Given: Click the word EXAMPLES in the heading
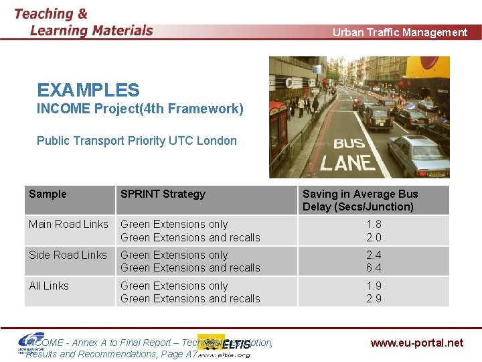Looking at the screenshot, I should (88, 90).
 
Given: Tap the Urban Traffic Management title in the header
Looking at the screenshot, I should (400, 32).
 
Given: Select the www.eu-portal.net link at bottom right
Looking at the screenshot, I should (416, 343).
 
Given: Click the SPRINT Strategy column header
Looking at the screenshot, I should (163, 194).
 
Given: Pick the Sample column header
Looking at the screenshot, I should (48, 194).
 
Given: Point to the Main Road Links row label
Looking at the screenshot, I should (68, 224).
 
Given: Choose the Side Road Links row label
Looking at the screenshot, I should (68, 255).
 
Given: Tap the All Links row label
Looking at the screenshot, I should (49, 286).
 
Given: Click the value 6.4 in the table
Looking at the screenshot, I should (374, 267).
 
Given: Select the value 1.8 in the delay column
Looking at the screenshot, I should (374, 224).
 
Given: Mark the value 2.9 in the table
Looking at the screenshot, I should (374, 298).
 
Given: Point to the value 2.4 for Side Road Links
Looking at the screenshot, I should (374, 255).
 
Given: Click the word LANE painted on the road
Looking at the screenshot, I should (346, 162).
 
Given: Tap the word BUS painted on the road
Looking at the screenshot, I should (349, 143).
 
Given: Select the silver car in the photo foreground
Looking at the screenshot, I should (416, 154).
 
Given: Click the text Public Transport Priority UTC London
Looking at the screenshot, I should (137, 141).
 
